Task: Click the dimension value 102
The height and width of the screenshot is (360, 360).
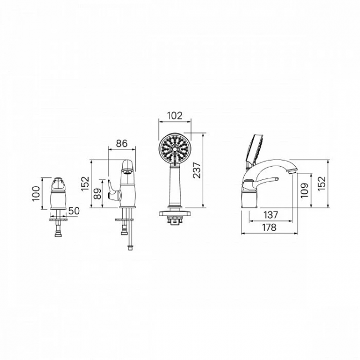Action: click(174, 116)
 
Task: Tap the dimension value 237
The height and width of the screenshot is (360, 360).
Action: click(197, 170)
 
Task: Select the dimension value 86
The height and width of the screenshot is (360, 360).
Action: click(122, 144)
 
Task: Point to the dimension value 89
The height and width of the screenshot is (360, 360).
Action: click(98, 194)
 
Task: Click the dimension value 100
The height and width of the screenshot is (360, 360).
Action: click(36, 193)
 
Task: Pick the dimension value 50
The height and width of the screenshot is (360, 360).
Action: click(74, 211)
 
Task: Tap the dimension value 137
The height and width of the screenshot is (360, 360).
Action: click(271, 215)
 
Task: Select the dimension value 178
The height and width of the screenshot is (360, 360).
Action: click(269, 228)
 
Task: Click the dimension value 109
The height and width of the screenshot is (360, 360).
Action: click(305, 191)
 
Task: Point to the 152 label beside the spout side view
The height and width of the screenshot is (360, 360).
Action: click(322, 183)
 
